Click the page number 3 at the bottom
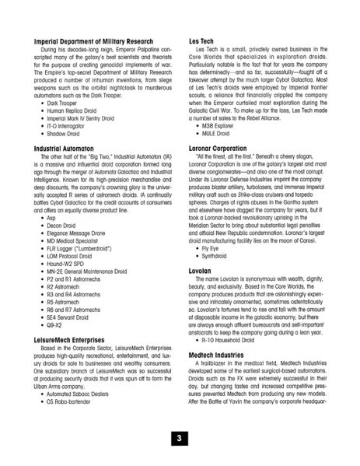pyautogui.click(x=180, y=438)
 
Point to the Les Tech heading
pyautogui.click(x=202, y=40)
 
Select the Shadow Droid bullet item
pyautogui.click(x=66, y=133)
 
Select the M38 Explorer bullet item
pyautogui.click(x=222, y=125)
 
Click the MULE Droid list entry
pyautogui.click(x=218, y=133)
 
